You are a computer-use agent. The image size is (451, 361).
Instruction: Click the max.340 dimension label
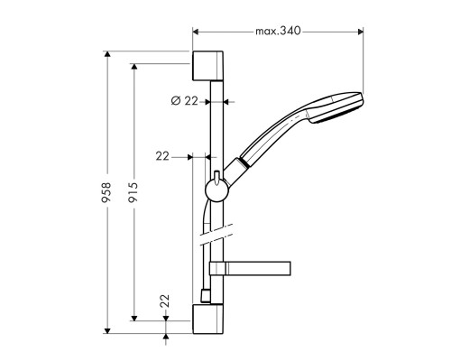pos(277,31)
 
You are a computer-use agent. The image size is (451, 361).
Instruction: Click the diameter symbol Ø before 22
pos(176,101)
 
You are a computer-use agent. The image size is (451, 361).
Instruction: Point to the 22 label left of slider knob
pos(162,156)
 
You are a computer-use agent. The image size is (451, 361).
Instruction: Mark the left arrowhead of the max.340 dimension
pos(196,31)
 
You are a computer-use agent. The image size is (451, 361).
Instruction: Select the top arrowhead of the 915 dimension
pos(133,67)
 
